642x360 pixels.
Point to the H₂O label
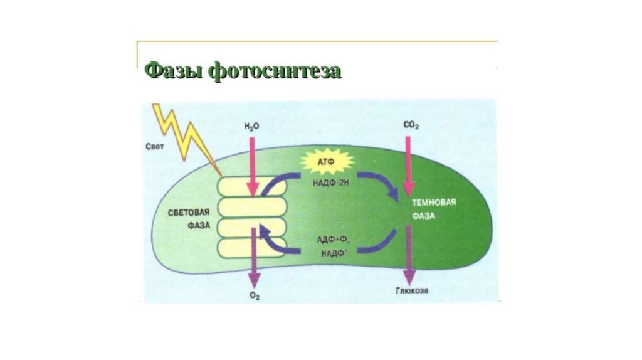pos(252,127)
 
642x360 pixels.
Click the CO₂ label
pos(411,126)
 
